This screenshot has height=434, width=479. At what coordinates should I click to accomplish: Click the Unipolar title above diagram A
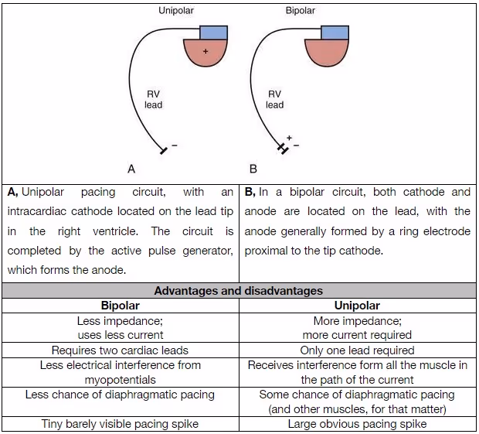coord(177,11)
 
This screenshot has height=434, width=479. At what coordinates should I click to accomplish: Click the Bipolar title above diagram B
coord(300,11)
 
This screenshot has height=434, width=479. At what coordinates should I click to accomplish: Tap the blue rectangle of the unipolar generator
coord(214,32)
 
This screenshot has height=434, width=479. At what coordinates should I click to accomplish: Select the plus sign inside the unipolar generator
coord(206,51)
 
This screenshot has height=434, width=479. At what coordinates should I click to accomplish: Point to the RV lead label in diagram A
coord(153,99)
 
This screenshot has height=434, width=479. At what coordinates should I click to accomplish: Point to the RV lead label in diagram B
coord(274,99)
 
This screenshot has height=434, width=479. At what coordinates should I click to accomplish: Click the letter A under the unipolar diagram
coord(131,168)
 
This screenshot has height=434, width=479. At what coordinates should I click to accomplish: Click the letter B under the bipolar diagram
coord(253,168)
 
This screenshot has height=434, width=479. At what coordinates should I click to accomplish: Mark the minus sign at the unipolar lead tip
coord(174,145)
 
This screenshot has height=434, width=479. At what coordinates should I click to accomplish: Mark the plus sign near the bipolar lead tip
coord(289,138)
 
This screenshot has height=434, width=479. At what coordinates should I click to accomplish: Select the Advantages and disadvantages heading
coord(239,291)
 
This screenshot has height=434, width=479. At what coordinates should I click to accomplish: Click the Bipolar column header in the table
coord(120,306)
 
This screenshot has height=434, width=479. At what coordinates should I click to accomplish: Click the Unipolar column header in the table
coord(357,306)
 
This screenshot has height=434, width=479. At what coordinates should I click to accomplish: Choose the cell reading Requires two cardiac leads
coord(120,350)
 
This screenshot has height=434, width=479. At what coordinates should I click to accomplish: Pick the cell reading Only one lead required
coord(357,350)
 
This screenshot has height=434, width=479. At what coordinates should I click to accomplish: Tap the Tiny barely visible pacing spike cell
coord(120,424)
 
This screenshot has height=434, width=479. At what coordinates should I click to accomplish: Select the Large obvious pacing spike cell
coord(357,424)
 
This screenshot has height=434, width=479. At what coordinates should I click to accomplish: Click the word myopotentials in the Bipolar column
coord(120,380)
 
